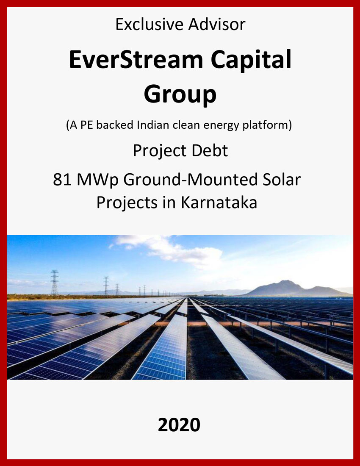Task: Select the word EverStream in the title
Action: coord(136,60)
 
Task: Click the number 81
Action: coord(62,180)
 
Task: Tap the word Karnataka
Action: coord(219,202)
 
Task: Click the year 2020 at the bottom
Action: coord(179,424)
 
